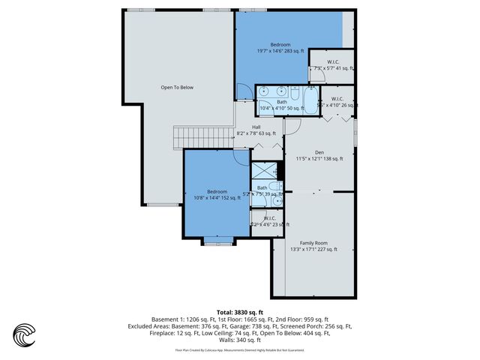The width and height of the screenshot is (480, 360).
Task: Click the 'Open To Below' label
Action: coord(177,88)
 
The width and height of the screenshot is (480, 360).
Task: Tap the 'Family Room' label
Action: coord(313,243)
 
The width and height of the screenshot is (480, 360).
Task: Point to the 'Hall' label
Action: coord(256,127)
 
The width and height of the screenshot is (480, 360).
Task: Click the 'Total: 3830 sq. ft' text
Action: coord(239,311)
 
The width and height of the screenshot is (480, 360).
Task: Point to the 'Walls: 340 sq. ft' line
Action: coord(239,340)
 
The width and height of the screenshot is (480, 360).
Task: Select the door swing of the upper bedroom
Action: coord(243,92)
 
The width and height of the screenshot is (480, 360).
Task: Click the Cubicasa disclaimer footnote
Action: coord(239,349)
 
